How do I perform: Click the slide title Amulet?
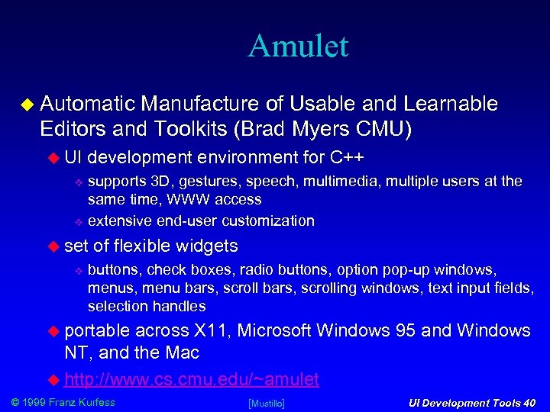point(298,46)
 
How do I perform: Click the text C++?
point(347,158)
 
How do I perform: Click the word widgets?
point(207,246)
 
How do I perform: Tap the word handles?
point(179,307)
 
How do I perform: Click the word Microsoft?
point(274,331)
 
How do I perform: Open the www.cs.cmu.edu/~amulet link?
point(192,379)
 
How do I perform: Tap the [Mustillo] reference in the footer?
point(267,402)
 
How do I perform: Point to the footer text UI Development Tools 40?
point(471,402)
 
